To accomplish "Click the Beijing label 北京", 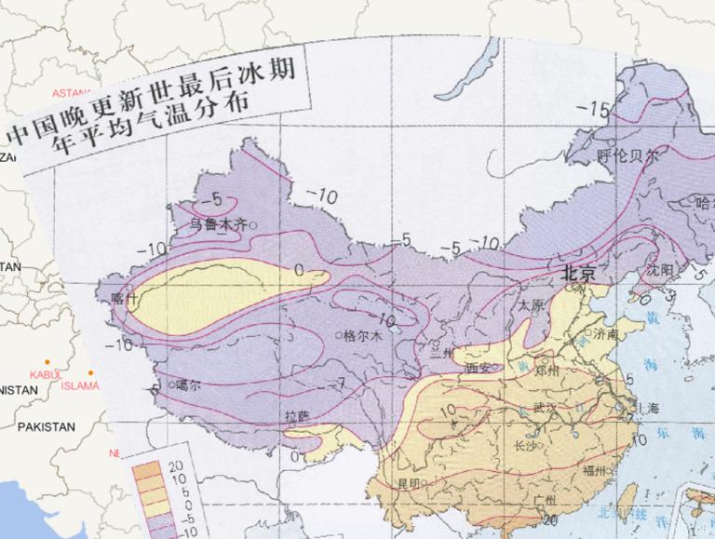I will [576, 274].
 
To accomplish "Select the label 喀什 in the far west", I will [123, 299].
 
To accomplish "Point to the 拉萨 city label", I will [296, 418].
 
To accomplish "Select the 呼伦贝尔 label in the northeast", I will [627, 156].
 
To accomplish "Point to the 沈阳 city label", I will [661, 270].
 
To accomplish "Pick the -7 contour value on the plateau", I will [338, 382].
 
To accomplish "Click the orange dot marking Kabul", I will [47, 363].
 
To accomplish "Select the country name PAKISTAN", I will [44, 426].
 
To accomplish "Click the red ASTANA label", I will [72, 93].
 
